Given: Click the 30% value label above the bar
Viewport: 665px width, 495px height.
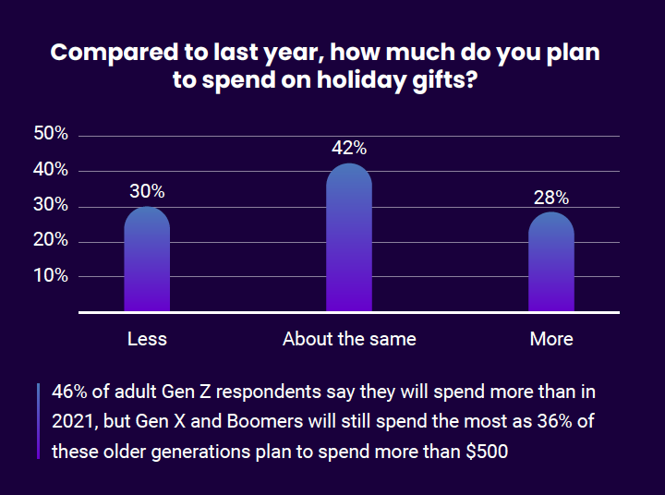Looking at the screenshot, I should click(x=147, y=192).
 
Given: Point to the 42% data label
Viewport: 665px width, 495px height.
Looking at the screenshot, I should click(x=349, y=148).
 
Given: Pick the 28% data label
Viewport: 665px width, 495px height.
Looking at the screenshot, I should click(x=551, y=198).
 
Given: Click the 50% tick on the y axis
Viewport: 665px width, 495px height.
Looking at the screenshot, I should click(x=50, y=134).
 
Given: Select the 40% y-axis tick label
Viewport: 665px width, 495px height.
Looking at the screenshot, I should click(x=50, y=170).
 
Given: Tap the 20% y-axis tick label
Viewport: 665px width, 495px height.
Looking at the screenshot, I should click(x=50, y=240).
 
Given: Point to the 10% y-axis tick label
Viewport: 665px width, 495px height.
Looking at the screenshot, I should click(x=50, y=275).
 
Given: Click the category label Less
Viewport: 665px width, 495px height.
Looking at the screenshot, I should click(x=147, y=339).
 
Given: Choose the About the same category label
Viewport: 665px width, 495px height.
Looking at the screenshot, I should click(x=349, y=339).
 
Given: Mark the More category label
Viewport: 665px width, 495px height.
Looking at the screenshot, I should click(x=551, y=339).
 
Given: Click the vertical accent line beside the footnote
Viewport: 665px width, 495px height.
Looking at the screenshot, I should click(x=38, y=421).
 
